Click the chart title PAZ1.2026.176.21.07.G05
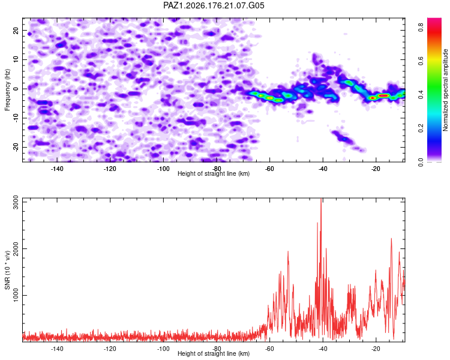(214, 5)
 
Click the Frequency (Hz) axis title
(7, 90)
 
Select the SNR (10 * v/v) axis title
(7, 270)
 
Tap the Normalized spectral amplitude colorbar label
(445, 90)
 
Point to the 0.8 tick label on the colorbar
(421, 27)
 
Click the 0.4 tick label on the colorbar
(421, 94)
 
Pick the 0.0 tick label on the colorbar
(421, 162)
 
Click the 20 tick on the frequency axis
(16, 30)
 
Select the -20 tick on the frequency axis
(16, 147)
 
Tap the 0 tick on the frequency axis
(16, 89)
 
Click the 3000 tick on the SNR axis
(16, 202)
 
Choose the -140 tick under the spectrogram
(57, 169)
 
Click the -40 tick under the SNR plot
(323, 349)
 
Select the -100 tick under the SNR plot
(163, 349)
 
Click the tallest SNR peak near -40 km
(321, 199)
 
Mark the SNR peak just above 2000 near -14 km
(391, 239)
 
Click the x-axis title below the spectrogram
(214, 173)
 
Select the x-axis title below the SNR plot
(214, 353)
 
